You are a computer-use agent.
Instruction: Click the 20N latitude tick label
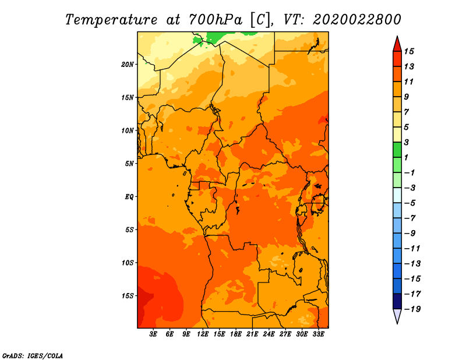coord(127,65)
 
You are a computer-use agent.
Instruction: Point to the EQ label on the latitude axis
coord(129,197)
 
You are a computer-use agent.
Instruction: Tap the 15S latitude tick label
coord(128,296)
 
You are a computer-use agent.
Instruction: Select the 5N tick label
coord(129,164)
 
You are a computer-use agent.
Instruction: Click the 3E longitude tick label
coord(153,334)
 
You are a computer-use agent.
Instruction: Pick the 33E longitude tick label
coord(318,334)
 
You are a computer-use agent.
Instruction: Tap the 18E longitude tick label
coord(236,334)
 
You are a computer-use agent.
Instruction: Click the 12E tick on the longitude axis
coord(203,334)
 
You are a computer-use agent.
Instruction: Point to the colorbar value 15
coord(409,51)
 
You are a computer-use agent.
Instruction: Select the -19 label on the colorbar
coord(412,309)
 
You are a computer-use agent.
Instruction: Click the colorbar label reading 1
coord(406,157)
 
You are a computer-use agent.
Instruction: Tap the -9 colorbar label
coord(410,234)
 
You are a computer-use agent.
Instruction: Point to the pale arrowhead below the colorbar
coord(397,315)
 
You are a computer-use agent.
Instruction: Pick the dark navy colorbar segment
coord(397,301)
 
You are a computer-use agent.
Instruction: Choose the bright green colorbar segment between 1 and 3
coord(397,150)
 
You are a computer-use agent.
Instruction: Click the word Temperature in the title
coord(111,20)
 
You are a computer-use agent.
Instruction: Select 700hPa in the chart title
coord(216,20)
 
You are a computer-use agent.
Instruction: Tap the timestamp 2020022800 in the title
coord(356,20)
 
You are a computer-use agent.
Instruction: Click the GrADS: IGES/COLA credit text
coord(33,356)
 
